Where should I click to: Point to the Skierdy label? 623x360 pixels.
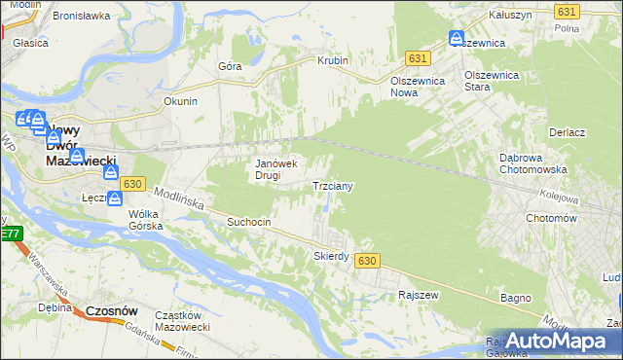pyautogui.click(x=331, y=256)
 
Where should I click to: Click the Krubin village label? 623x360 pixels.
pyautogui.click(x=332, y=60)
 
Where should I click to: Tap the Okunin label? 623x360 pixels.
pyautogui.click(x=181, y=101)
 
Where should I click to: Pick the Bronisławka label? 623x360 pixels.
pyautogui.click(x=80, y=17)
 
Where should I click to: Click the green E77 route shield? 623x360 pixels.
pyautogui.click(x=10, y=234)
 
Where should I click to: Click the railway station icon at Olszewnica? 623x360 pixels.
pyautogui.click(x=457, y=38)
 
